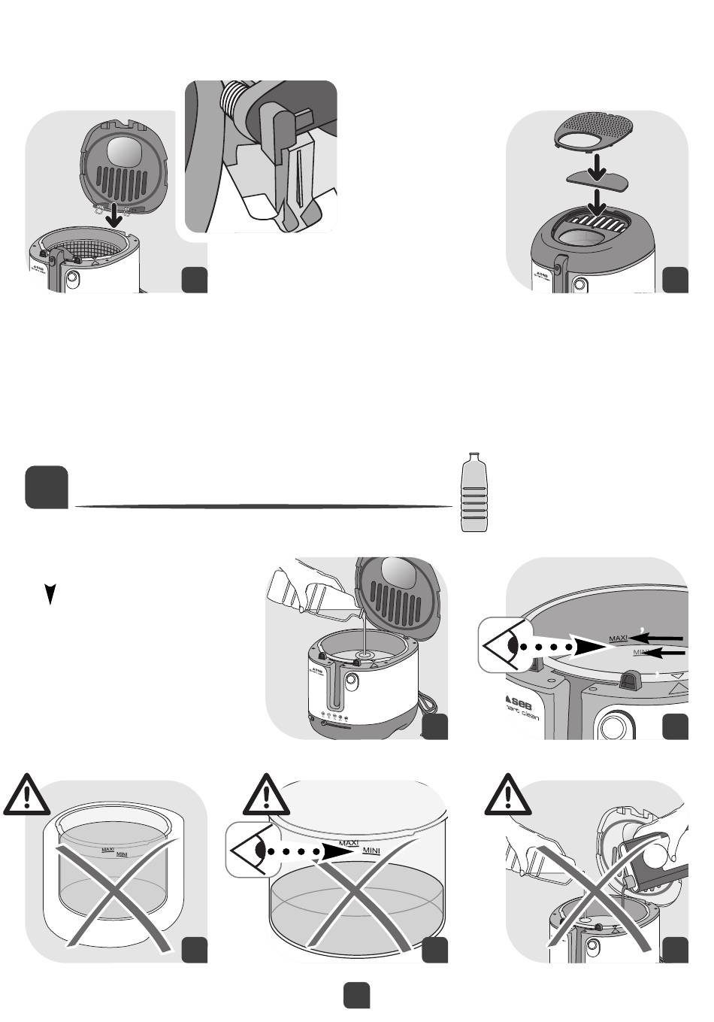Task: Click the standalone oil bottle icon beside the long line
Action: tap(471, 493)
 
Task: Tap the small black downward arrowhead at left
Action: tap(49, 595)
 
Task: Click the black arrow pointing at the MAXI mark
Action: tap(657, 638)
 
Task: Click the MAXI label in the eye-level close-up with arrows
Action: tap(618, 638)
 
